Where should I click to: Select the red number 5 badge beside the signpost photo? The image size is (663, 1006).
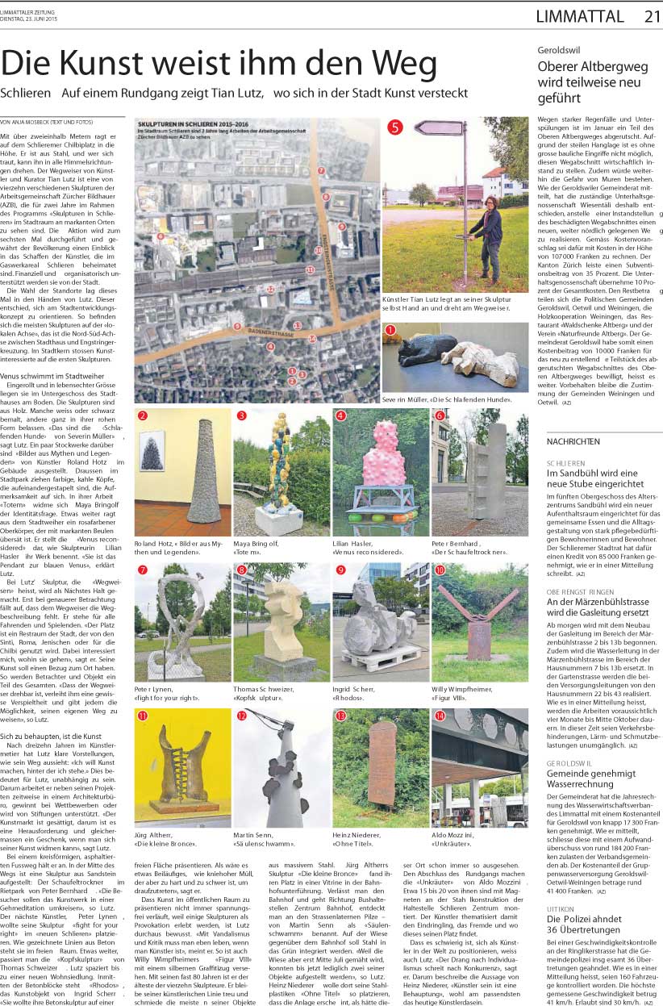pyautogui.click(x=394, y=127)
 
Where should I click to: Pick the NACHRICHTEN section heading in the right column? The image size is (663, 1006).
pyautogui.click(x=573, y=442)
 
